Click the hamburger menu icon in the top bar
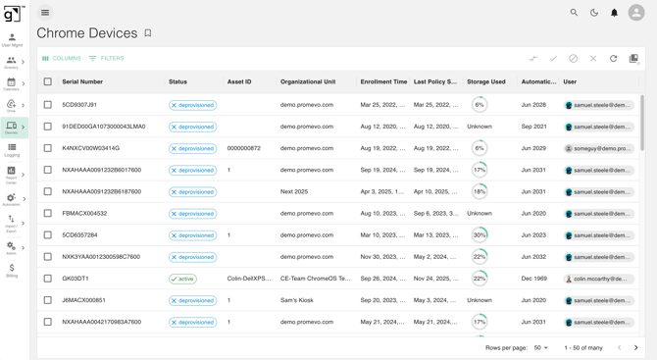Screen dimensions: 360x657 click(x=45, y=13)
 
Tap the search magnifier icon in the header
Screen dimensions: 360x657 click(x=574, y=13)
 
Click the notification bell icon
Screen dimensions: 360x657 click(x=615, y=13)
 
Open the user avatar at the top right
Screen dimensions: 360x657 click(x=636, y=13)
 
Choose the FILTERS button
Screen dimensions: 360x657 click(x=107, y=59)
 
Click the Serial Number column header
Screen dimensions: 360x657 click(x=82, y=82)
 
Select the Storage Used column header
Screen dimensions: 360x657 click(x=486, y=82)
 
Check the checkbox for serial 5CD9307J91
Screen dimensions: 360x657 click(x=47, y=105)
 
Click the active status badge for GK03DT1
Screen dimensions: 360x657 click(x=182, y=279)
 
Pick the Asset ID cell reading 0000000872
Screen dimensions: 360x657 click(x=244, y=148)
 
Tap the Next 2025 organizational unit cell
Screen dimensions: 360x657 click(x=294, y=192)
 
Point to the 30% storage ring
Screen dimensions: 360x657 click(x=480, y=235)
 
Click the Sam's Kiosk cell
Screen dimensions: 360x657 click(x=295, y=300)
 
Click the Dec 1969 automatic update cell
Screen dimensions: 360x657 click(x=534, y=279)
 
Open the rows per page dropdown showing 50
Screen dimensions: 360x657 click(x=540, y=348)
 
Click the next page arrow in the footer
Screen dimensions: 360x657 click(x=635, y=348)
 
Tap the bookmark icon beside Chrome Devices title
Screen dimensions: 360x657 click(x=148, y=33)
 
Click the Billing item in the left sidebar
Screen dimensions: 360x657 click(x=12, y=271)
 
